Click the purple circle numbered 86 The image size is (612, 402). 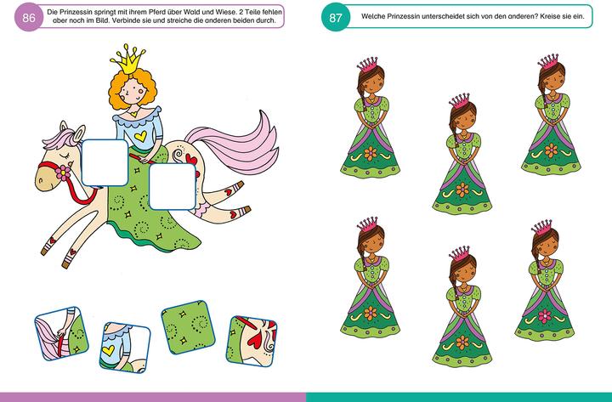coord(29,18)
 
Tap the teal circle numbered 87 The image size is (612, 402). coord(335,18)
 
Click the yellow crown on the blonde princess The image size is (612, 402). coord(127,59)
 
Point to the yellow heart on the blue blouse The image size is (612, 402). coord(140,136)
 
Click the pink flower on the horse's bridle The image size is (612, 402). coord(63,173)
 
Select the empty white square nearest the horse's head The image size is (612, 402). coord(105,162)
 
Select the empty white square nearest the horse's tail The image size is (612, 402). coord(173,187)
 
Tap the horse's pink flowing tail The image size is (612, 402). coord(235,144)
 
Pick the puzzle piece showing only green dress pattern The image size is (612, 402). coord(188,327)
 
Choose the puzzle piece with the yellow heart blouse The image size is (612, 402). coord(125,348)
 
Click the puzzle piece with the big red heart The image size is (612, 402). coord(252,341)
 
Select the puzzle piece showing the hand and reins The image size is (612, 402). coord(62,334)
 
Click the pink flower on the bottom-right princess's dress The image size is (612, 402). coord(545,315)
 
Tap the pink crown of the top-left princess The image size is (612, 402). coord(368,64)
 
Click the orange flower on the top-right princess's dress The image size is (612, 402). coord(551,150)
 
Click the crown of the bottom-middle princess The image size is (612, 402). coord(461,253)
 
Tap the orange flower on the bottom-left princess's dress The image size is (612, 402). coord(370,313)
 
